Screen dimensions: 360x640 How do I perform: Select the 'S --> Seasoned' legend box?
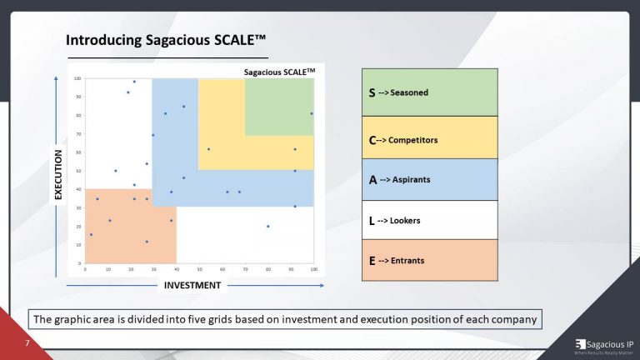[429, 92]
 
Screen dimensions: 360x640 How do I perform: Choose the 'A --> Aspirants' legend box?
[429, 179]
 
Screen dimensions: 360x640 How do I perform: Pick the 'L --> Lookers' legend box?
[429, 221]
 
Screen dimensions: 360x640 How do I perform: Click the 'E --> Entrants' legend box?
[429, 261]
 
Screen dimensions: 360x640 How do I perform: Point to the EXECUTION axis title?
[58, 173]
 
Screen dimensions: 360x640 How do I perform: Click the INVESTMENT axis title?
[192, 286]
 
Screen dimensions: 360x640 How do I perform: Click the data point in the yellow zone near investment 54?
[208, 149]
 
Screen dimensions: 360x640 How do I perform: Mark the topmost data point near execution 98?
[134, 82]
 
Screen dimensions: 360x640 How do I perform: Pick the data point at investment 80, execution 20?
[268, 226]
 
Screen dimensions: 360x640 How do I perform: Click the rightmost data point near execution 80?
[312, 113]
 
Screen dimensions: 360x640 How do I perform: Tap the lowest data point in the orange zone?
[147, 242]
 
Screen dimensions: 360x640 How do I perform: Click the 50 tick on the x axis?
[199, 268]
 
